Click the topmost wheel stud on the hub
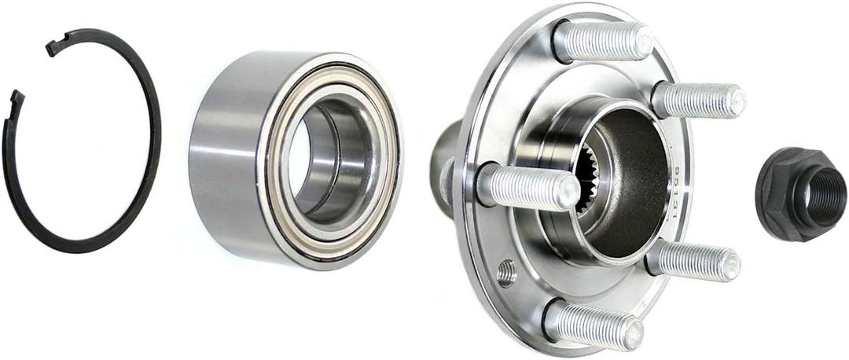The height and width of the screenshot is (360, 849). pos(601,42)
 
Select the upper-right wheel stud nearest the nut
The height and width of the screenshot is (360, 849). pos(696,100)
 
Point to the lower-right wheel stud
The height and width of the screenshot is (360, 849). pos(692,261)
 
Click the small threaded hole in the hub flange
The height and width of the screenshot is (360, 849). pos(507,272)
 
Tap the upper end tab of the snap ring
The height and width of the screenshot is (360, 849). pos(58,46)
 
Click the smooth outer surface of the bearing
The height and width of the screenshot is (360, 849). pos(224,157)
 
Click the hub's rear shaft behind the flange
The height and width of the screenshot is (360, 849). pos(447,165)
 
